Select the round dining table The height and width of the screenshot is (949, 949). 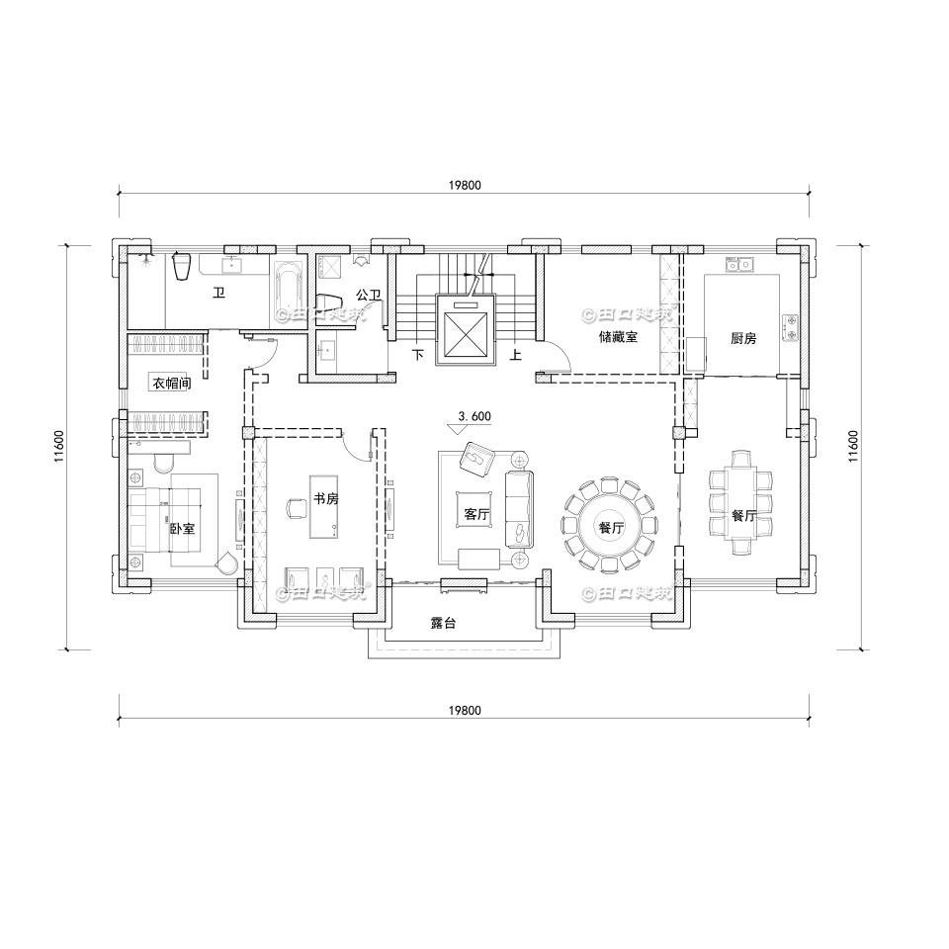click(x=610, y=527)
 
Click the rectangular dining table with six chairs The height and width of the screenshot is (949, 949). click(x=743, y=502)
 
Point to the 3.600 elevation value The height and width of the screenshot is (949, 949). click(x=474, y=416)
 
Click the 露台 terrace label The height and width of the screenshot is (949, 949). click(x=443, y=624)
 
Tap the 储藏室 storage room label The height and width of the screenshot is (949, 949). click(x=618, y=337)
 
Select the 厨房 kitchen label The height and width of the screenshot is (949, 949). click(x=742, y=338)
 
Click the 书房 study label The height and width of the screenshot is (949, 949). click(x=325, y=499)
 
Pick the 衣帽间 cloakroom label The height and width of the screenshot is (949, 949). click(x=170, y=383)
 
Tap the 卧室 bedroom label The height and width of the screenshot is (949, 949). click(x=181, y=529)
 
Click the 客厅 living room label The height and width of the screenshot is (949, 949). click(x=476, y=514)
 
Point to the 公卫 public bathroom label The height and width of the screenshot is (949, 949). click(x=368, y=295)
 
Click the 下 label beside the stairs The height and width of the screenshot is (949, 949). click(x=417, y=354)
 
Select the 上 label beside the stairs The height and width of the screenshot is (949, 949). click(x=515, y=354)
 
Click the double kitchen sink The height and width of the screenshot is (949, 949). click(x=739, y=265)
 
